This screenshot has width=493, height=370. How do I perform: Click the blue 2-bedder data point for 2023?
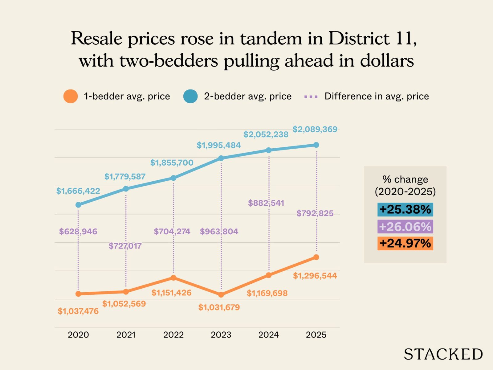[221, 158]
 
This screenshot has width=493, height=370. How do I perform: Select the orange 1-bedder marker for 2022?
[173, 278]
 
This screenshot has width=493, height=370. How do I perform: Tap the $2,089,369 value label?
[315, 129]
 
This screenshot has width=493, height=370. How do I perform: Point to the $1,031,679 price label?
[219, 307]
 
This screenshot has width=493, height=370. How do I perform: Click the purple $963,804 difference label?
[219, 232]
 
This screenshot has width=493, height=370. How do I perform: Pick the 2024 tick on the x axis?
[268, 335]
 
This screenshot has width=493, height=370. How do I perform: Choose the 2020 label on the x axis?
[78, 335]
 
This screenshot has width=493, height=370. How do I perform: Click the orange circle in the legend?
[71, 96]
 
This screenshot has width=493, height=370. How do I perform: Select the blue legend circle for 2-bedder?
[190, 96]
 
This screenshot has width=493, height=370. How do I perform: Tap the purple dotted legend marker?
[311, 97]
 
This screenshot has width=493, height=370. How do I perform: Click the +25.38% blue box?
[405, 209]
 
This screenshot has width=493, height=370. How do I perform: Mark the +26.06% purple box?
[405, 227]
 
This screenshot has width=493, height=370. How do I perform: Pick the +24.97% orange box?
[405, 243]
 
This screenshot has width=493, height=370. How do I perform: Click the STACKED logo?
[443, 354]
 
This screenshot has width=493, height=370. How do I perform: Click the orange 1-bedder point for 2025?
[316, 257]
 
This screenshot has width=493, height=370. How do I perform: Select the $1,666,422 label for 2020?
[78, 191]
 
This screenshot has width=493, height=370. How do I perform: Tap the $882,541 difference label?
[266, 203]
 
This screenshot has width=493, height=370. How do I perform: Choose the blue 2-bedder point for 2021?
[126, 189]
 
